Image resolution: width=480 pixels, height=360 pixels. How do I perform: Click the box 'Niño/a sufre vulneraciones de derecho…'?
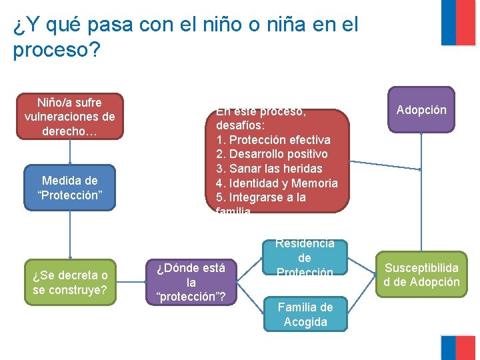point(69,117)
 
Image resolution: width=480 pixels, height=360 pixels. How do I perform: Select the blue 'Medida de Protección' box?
point(69,187)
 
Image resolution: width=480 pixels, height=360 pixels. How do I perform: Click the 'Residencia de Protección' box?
point(304,258)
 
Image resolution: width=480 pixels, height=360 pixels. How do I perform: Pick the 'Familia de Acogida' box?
point(305,314)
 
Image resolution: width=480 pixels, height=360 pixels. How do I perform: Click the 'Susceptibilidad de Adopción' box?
point(421,274)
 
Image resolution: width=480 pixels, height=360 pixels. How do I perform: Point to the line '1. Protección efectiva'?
point(273,140)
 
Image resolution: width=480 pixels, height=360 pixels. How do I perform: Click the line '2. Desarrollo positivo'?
point(272,154)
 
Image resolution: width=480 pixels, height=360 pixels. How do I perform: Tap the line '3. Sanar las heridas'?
point(269,169)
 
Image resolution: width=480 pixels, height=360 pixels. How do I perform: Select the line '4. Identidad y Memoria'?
point(277,183)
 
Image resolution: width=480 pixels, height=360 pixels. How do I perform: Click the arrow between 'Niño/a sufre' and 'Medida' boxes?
point(69,152)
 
